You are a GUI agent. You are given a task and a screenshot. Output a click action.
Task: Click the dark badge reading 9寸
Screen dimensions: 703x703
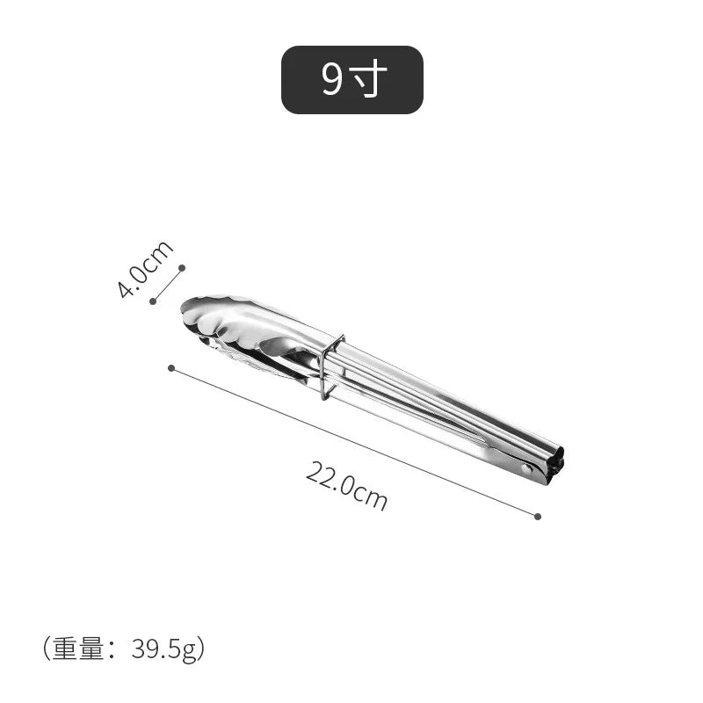click(351, 80)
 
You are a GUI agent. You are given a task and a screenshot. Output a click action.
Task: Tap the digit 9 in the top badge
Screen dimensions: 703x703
click(331, 80)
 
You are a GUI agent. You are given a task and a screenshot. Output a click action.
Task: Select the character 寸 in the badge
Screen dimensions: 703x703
click(369, 80)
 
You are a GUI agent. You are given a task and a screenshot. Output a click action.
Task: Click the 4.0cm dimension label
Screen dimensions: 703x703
click(145, 269)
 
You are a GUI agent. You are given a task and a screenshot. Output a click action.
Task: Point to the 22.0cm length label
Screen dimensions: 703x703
click(347, 486)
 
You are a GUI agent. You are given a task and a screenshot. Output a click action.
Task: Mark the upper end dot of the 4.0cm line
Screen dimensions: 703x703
click(182, 267)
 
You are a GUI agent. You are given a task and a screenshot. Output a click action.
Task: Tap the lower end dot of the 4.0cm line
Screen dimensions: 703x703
click(153, 301)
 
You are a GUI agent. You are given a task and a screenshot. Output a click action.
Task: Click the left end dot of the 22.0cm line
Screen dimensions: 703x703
click(171, 367)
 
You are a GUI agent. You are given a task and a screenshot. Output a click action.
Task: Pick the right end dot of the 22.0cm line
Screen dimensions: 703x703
click(538, 516)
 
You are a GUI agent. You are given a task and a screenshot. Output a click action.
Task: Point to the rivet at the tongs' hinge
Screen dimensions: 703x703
click(526, 468)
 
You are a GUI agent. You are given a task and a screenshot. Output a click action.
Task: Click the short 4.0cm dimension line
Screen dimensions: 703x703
click(167, 284)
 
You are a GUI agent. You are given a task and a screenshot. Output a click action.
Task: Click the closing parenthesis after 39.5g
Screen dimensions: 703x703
click(201, 649)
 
